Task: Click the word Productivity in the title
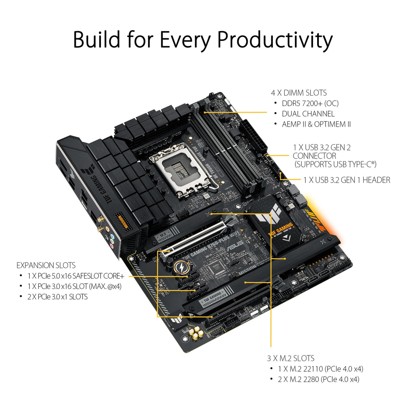click(275, 40)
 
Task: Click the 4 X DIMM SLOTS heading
click(299, 93)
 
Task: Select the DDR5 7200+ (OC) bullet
click(310, 103)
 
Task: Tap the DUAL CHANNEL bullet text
click(308, 114)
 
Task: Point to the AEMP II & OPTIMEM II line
click(316, 124)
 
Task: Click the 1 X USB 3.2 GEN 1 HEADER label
click(347, 180)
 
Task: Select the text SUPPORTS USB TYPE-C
click(335, 164)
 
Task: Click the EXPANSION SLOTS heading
click(46, 266)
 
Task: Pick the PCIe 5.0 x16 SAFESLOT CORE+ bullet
click(76, 276)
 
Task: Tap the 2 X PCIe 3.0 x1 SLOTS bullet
click(58, 297)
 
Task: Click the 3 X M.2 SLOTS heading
click(291, 358)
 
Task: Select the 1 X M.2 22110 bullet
click(321, 369)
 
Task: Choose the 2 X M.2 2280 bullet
click(318, 379)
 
